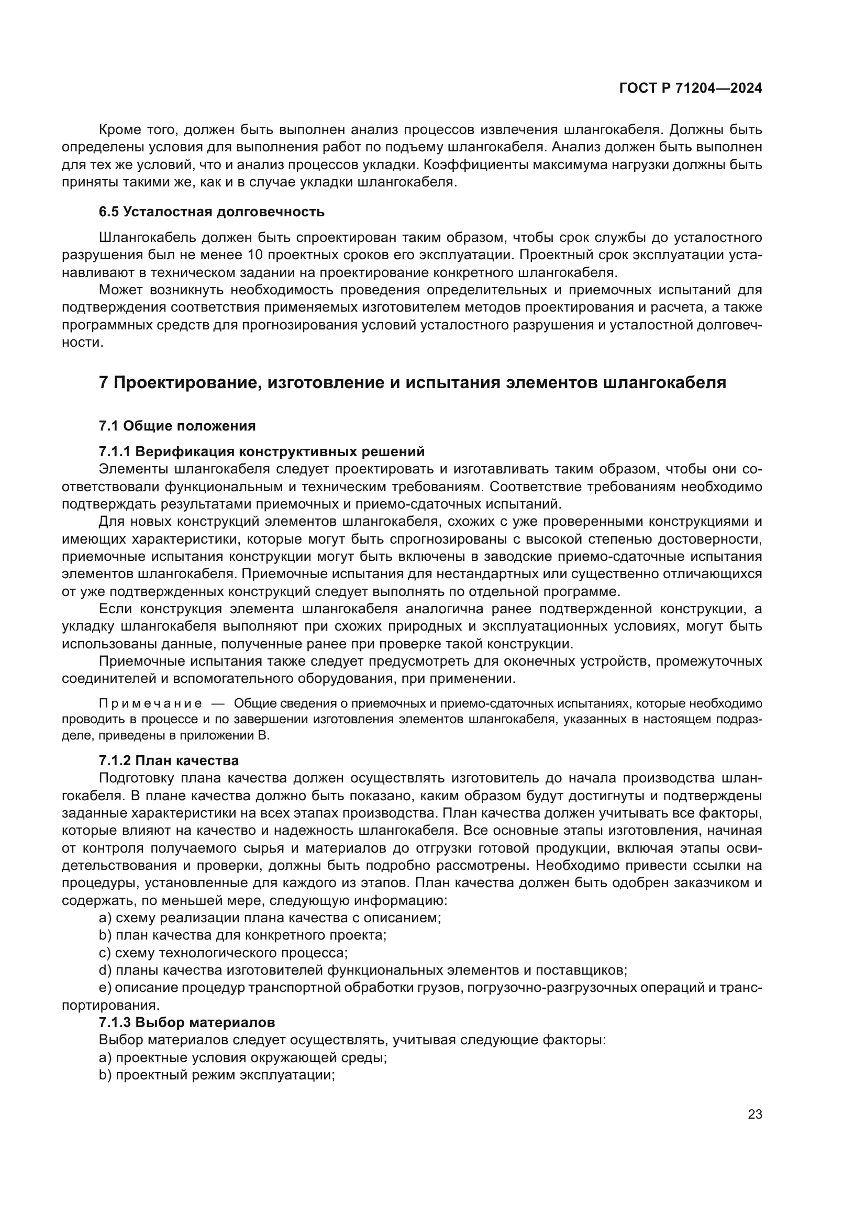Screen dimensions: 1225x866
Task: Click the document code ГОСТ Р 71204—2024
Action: (x=690, y=89)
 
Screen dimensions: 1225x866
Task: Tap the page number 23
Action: (x=754, y=1114)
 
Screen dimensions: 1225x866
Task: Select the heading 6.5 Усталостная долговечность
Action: (x=211, y=212)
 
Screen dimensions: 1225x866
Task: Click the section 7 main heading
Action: (x=412, y=382)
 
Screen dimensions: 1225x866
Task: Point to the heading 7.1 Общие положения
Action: (x=177, y=426)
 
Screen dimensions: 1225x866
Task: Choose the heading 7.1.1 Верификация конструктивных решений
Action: (x=261, y=451)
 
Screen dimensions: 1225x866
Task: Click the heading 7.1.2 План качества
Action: (x=169, y=760)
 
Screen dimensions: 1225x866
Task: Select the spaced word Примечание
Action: (x=150, y=704)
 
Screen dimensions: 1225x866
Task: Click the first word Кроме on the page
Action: (x=118, y=130)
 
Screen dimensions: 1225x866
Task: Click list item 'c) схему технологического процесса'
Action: (x=223, y=953)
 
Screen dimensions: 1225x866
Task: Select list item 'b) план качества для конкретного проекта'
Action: (x=242, y=935)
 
